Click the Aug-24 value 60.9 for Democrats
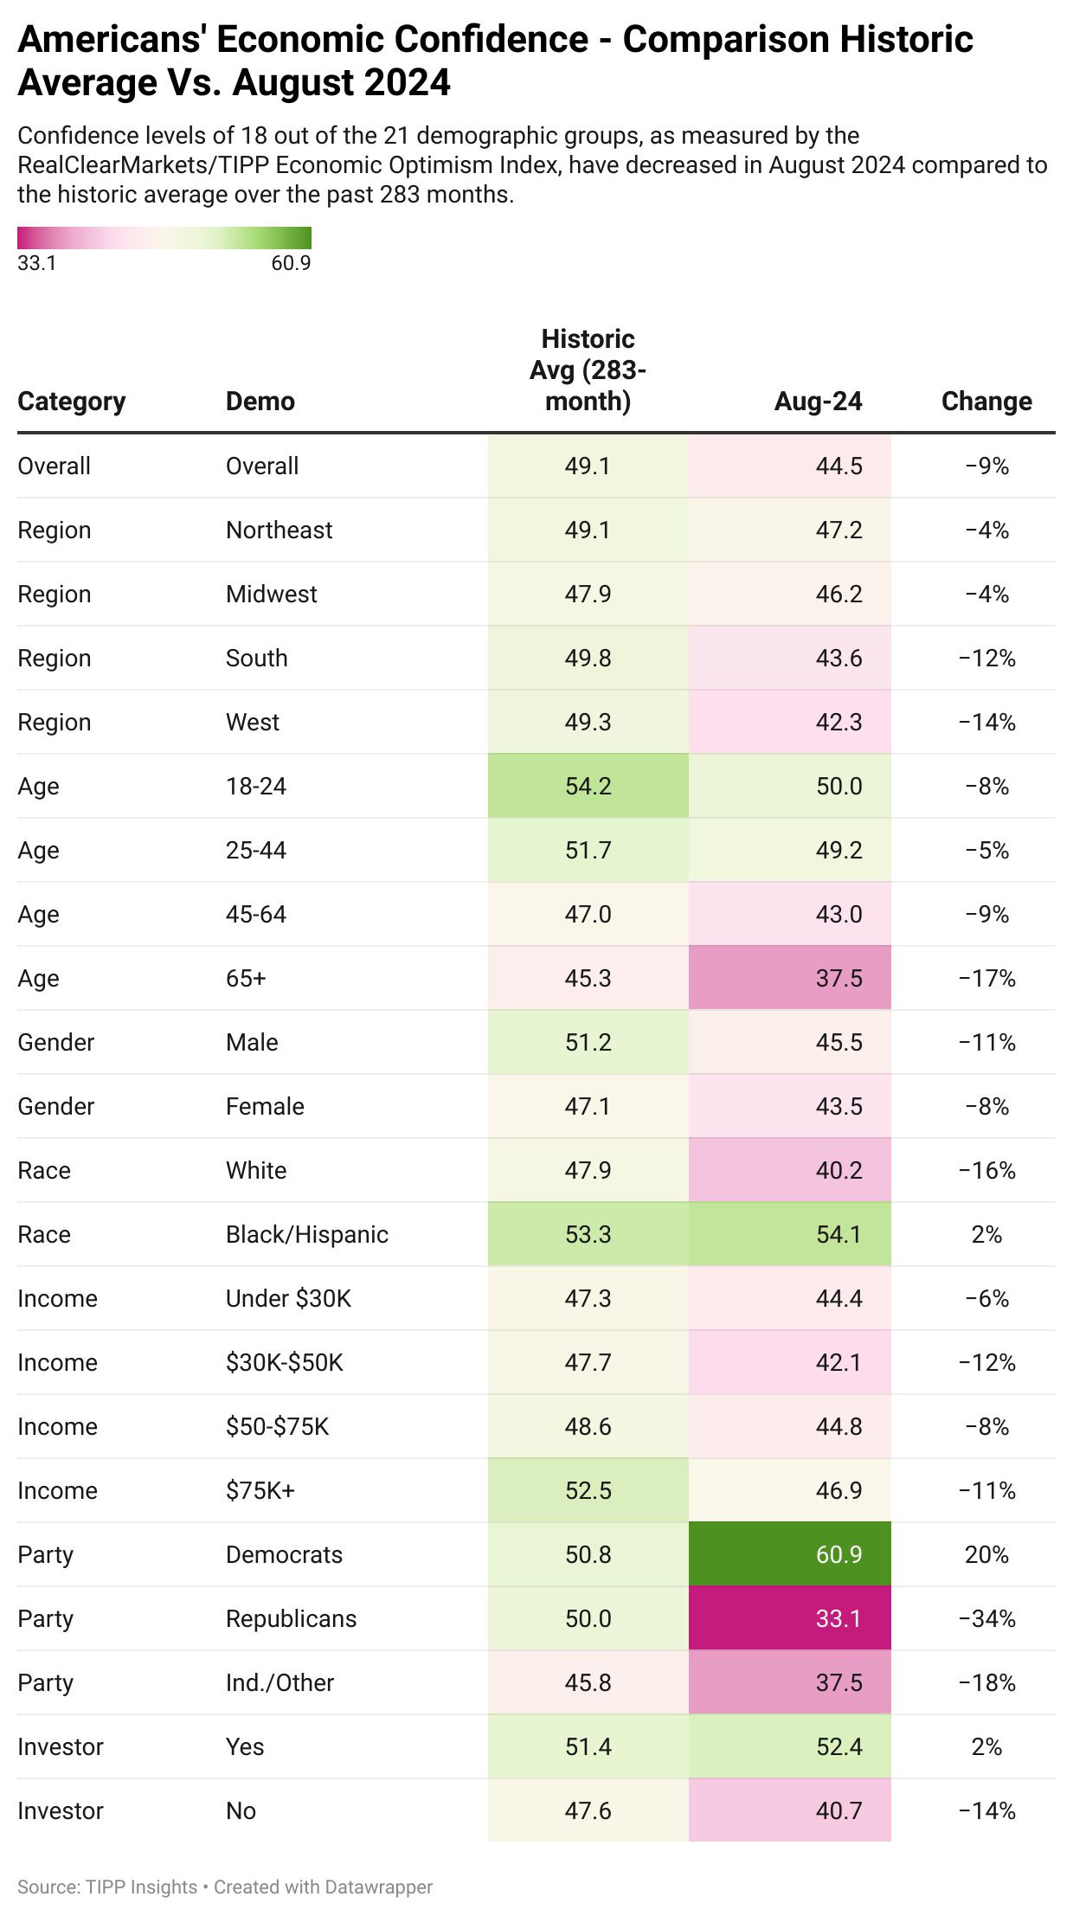click(838, 1554)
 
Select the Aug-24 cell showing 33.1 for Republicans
click(838, 1618)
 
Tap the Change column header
click(986, 402)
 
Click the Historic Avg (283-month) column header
click(588, 370)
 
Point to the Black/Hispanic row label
click(307, 1234)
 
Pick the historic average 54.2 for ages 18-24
click(588, 786)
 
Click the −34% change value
click(986, 1618)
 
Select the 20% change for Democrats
click(986, 1554)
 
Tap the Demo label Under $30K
click(288, 1298)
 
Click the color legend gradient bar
click(164, 238)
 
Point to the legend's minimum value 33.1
click(37, 263)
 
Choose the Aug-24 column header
click(818, 402)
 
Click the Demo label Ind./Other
click(279, 1682)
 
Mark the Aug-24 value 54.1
click(838, 1234)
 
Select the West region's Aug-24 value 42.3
click(838, 722)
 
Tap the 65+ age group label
click(246, 978)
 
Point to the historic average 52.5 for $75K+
click(588, 1490)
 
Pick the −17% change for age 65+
click(986, 978)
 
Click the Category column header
click(72, 402)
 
